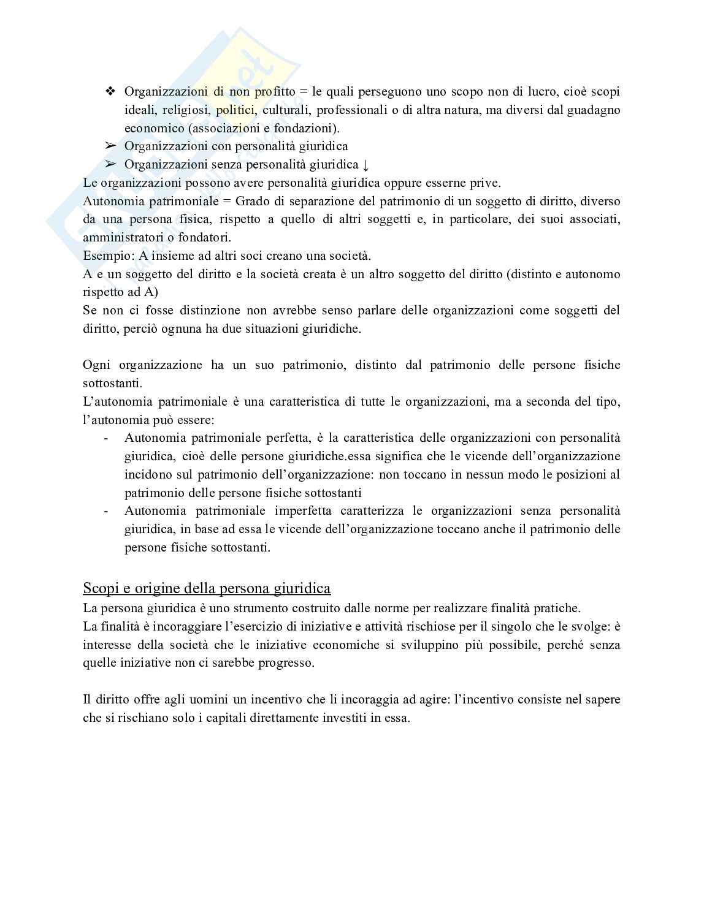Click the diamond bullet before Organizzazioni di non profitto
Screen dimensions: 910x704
pos(110,91)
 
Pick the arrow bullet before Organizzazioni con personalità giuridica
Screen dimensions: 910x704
pos(110,146)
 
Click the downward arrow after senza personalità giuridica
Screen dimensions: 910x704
pos(366,164)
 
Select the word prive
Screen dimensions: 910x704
pos(486,183)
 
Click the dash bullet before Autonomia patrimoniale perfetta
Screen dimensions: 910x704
pos(107,438)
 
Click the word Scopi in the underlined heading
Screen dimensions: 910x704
pos(101,588)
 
